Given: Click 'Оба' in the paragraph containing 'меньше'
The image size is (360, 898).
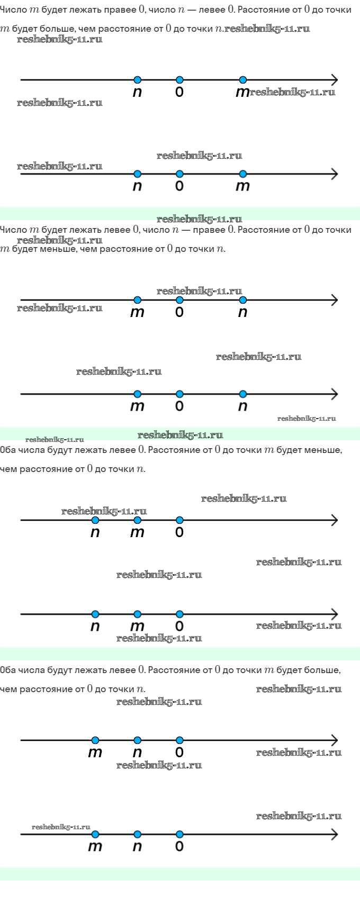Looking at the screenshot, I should pos(8,450).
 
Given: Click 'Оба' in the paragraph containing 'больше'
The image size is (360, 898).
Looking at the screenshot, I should pos(8,670).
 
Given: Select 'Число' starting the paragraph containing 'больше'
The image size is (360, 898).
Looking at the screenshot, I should pos(13,10).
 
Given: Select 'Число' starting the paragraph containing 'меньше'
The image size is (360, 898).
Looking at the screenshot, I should pos(13,230).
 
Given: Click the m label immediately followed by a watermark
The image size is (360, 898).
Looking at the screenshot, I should pos(242,93).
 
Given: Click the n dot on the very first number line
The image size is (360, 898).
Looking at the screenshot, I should pos(138,80).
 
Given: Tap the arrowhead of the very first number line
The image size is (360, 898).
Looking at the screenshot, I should pos(334,80).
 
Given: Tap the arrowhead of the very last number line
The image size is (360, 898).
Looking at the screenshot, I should pos(334,834).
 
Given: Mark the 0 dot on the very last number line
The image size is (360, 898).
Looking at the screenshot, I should pos(179,834).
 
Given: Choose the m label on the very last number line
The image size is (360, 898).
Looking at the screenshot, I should pos(95,847).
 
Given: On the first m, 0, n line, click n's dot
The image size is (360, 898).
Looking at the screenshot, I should pos(243,300).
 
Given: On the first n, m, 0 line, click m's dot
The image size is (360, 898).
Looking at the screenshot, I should pos(138,520).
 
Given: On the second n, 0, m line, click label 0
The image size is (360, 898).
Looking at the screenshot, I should pos(179,186).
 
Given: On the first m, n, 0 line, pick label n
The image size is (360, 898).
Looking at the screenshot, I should pos(138,752).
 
